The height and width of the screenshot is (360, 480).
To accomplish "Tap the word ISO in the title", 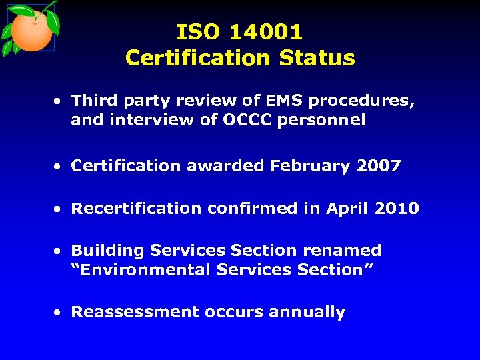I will point(198,31).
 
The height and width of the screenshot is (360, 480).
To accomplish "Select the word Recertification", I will point(137,209).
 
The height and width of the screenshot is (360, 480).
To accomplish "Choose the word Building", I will point(107,251).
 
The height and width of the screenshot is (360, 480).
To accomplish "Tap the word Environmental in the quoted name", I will point(141,270).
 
